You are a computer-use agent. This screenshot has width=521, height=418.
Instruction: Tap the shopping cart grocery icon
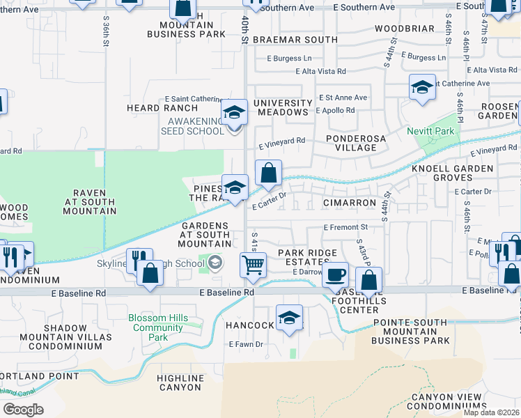coord(252,265)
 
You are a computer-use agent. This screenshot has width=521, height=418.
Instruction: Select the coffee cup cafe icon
coord(335,274)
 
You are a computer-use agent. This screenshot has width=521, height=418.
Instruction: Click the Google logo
coord(23,409)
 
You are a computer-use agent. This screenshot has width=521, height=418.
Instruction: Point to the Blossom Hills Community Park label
coord(158,327)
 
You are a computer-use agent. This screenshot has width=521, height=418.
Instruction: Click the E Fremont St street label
coord(345,227)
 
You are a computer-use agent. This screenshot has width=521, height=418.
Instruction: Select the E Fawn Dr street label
coord(246,344)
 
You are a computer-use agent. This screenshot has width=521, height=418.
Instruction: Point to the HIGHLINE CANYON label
coord(180,382)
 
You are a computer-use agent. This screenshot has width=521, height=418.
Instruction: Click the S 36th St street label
coord(107,32)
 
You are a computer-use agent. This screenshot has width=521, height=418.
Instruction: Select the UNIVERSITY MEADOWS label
coord(281,107)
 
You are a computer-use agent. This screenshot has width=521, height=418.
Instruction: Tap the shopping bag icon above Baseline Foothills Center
coord(369,280)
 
